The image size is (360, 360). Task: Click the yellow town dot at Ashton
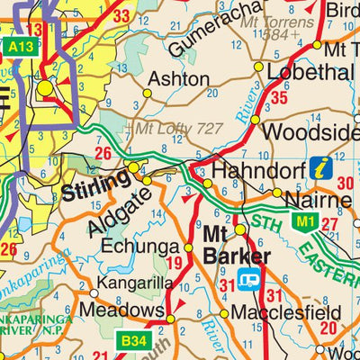click(x=148, y=93)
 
